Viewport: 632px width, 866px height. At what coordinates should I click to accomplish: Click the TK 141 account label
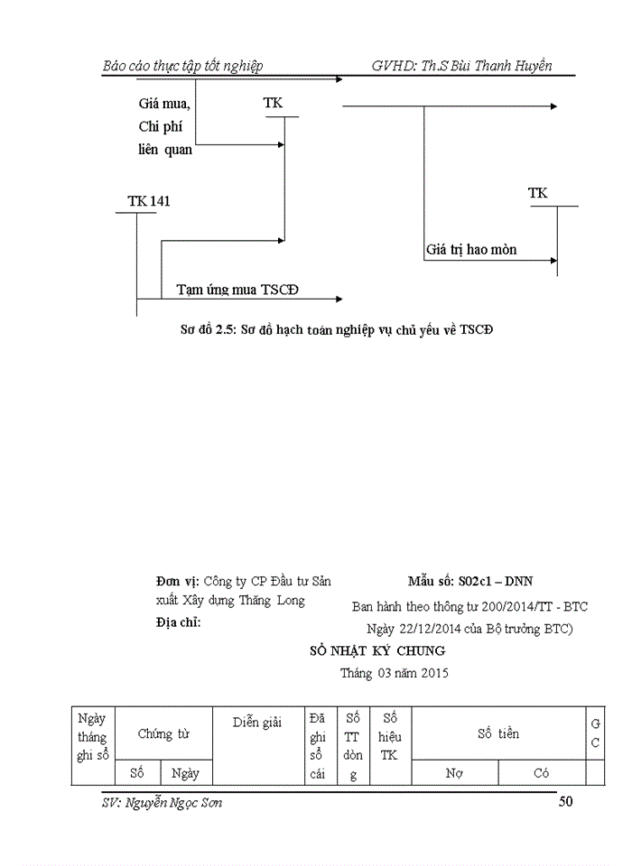(x=149, y=201)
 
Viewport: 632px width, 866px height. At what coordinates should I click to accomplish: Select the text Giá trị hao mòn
(x=471, y=249)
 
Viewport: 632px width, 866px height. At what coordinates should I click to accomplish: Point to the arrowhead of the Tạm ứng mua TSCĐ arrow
(x=339, y=299)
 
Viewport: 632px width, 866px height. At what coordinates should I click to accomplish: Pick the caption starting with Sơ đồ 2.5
(x=338, y=329)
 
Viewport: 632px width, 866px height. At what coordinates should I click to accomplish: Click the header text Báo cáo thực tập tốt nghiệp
(x=183, y=66)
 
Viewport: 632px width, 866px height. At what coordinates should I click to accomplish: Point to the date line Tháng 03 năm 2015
(x=394, y=672)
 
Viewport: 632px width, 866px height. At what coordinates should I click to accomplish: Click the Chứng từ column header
(x=163, y=734)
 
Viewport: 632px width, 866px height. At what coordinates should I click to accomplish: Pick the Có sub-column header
(x=542, y=773)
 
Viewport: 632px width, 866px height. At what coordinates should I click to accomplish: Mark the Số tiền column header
(x=498, y=734)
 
